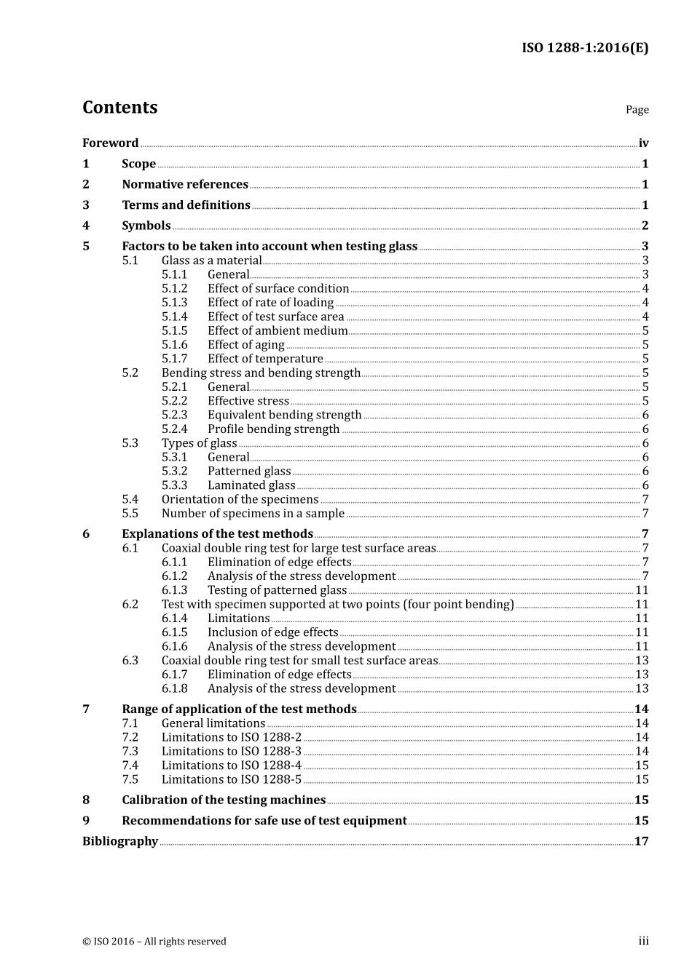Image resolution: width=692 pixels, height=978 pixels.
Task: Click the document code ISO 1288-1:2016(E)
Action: (x=584, y=48)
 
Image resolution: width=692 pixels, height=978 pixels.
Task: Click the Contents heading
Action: (x=119, y=108)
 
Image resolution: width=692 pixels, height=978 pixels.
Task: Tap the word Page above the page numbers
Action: (x=637, y=110)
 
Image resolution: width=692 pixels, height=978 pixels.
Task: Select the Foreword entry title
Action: (x=110, y=143)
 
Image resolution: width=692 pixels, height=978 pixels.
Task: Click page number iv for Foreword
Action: (x=643, y=143)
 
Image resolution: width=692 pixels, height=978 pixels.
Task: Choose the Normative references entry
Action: (x=185, y=185)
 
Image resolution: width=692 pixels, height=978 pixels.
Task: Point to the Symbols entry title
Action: (x=146, y=226)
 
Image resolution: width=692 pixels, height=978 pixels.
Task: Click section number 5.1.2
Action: (x=174, y=289)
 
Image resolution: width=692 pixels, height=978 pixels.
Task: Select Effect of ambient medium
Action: (x=278, y=331)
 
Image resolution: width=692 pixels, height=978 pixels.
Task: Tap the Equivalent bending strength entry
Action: (x=284, y=416)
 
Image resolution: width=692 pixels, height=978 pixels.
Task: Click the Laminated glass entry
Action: (x=251, y=485)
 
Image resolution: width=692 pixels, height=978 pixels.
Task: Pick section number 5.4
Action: (x=130, y=500)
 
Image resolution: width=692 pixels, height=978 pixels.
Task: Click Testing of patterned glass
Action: (x=277, y=590)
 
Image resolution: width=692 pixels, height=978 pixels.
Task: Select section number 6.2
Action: (x=130, y=605)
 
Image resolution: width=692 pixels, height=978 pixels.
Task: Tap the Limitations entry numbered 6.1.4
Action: (x=238, y=619)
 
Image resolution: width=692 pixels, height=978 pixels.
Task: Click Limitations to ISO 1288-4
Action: (x=231, y=766)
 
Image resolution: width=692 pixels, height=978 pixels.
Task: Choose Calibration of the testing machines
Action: (x=224, y=800)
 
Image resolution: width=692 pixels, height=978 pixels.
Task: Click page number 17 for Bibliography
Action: (x=641, y=841)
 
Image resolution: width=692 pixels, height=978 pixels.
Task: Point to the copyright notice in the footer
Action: (x=154, y=942)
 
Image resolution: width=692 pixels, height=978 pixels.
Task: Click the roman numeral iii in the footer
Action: (x=643, y=941)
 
